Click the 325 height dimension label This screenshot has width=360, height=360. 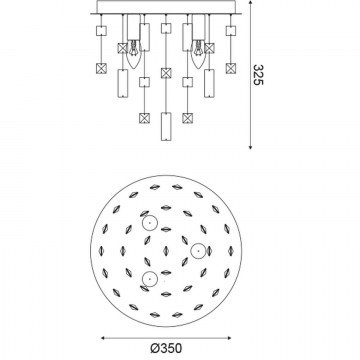(x=258, y=75)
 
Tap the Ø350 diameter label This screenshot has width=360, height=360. (x=166, y=349)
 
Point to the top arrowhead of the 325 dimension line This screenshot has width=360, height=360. (x=250, y=2)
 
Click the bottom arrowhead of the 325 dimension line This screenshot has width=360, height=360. (x=250, y=147)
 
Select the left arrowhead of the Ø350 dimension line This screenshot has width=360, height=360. (x=103, y=338)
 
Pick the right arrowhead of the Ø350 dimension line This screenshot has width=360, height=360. (x=228, y=338)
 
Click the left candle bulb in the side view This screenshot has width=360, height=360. (x=134, y=54)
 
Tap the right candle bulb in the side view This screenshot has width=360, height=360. (x=198, y=54)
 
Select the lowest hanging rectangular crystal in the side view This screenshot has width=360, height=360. (x=166, y=126)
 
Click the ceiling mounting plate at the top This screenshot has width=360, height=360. (x=166, y=7)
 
